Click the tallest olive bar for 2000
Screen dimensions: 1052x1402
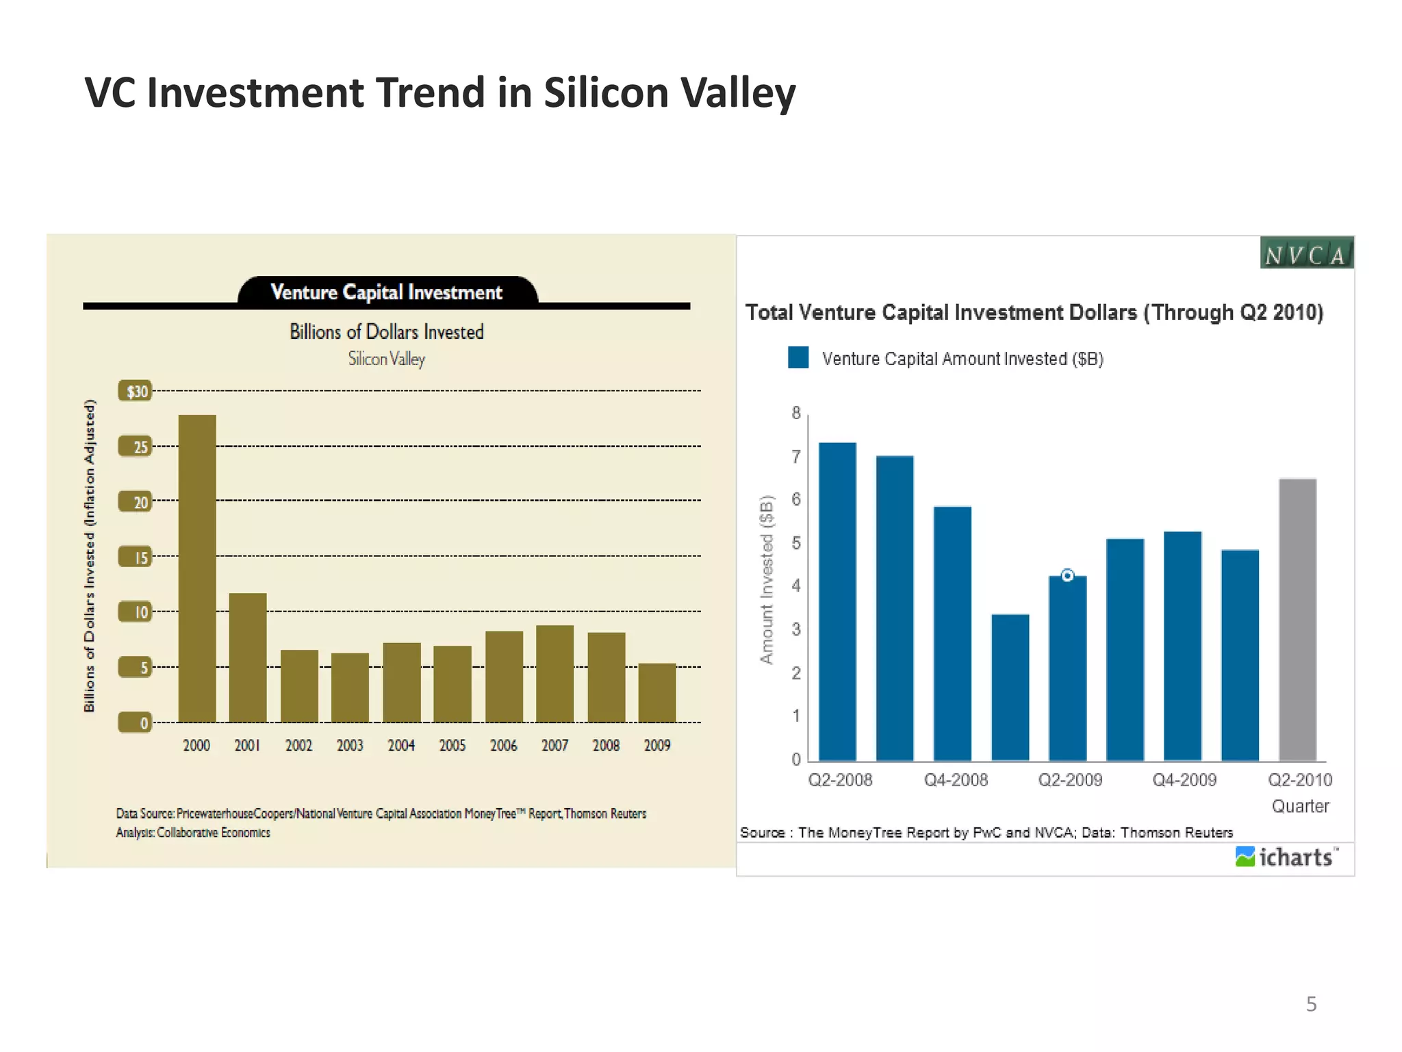pos(197,568)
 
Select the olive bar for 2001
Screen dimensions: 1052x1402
pos(248,657)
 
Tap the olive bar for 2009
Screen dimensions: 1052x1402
pos(657,692)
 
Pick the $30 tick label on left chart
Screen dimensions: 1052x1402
pos(136,391)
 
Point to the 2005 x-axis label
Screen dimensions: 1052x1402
pos(452,745)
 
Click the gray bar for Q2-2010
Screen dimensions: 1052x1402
pos(1297,620)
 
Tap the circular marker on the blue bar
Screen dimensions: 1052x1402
pos(1067,575)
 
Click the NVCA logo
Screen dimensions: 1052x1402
pos(1305,253)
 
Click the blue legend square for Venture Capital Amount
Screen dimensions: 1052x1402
pos(798,358)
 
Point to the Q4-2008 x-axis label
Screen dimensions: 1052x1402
pos(956,780)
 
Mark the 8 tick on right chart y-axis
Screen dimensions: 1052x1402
pos(796,413)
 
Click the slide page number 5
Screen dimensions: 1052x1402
pos(1311,1004)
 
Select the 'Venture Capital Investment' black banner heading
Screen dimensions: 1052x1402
pos(387,292)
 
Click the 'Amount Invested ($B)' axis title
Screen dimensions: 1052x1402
pos(767,579)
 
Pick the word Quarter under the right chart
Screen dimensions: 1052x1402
pos(1299,806)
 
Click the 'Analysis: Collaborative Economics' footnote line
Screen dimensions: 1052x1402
pos(193,833)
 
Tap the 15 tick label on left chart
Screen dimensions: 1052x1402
pos(136,558)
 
